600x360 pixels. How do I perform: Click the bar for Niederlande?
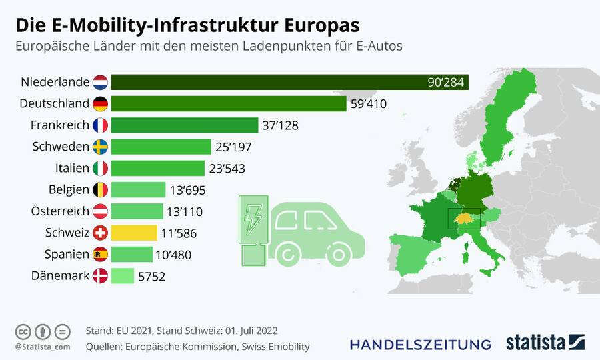(x=290, y=82)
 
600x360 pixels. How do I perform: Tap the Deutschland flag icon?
(x=100, y=104)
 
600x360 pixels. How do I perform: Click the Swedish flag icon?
(x=100, y=147)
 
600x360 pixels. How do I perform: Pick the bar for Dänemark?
(x=123, y=275)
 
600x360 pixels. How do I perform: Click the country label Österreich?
(x=60, y=211)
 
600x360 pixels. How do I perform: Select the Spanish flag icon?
(x=100, y=254)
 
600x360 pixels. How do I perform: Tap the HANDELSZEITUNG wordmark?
(x=420, y=344)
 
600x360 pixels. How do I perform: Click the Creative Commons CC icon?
(x=23, y=331)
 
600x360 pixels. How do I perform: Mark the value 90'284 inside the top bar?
(x=445, y=83)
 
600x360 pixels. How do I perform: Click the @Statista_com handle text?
(x=43, y=347)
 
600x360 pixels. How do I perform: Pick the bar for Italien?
(x=157, y=168)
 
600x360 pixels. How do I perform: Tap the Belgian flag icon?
(x=100, y=190)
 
